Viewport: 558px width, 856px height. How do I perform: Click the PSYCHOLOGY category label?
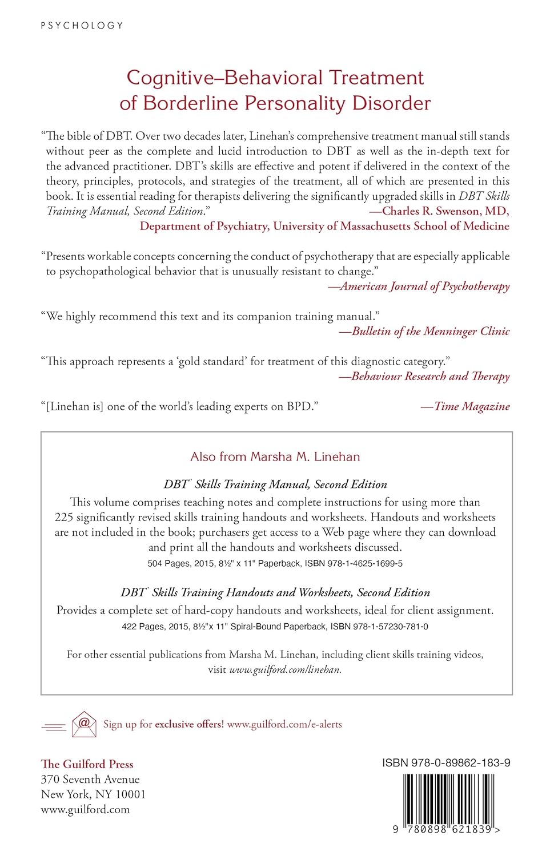click(x=82, y=26)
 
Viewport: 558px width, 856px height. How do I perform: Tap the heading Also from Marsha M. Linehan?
click(x=275, y=457)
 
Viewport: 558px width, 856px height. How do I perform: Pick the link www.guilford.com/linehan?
click(x=285, y=670)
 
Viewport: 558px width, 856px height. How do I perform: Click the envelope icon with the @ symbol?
click(x=84, y=724)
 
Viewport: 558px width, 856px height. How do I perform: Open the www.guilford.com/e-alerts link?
click(x=284, y=724)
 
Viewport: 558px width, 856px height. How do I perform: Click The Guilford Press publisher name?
click(x=87, y=764)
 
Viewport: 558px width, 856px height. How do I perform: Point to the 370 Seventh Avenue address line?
click(x=90, y=780)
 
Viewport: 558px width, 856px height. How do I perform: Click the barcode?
click(x=447, y=798)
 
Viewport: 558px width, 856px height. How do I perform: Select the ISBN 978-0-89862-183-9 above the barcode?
click(x=446, y=763)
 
